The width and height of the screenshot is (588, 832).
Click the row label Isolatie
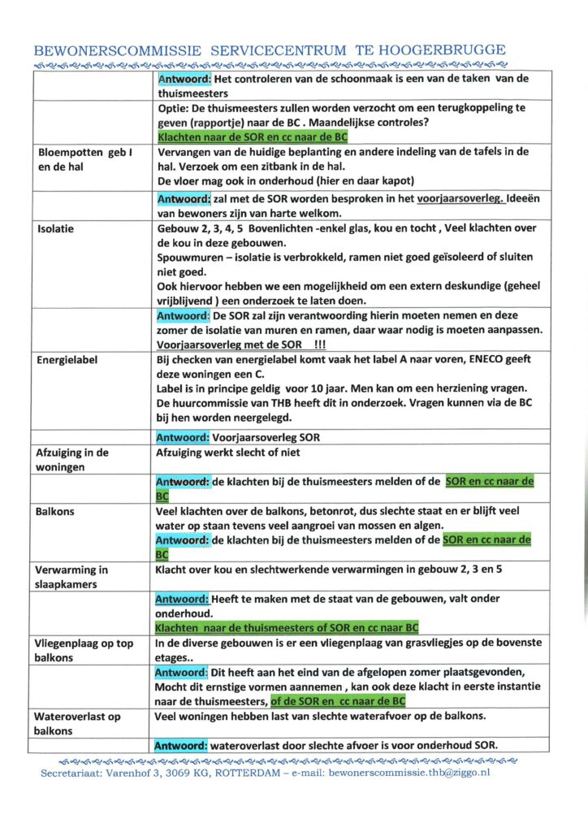[x=57, y=229]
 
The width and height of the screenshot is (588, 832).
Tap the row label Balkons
[x=56, y=512]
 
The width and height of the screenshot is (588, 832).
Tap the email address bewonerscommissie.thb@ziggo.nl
[x=409, y=773]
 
